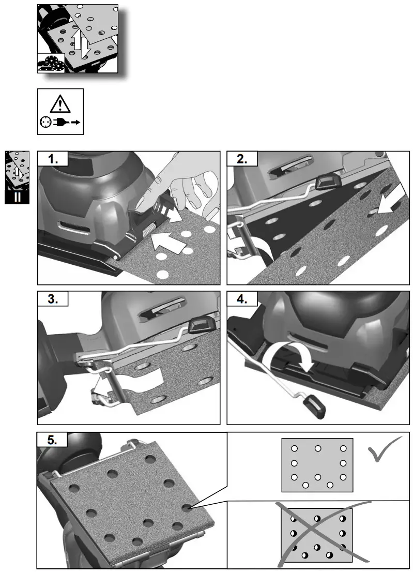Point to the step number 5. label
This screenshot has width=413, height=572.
point(53,441)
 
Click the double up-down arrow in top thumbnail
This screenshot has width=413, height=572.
point(82,46)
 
